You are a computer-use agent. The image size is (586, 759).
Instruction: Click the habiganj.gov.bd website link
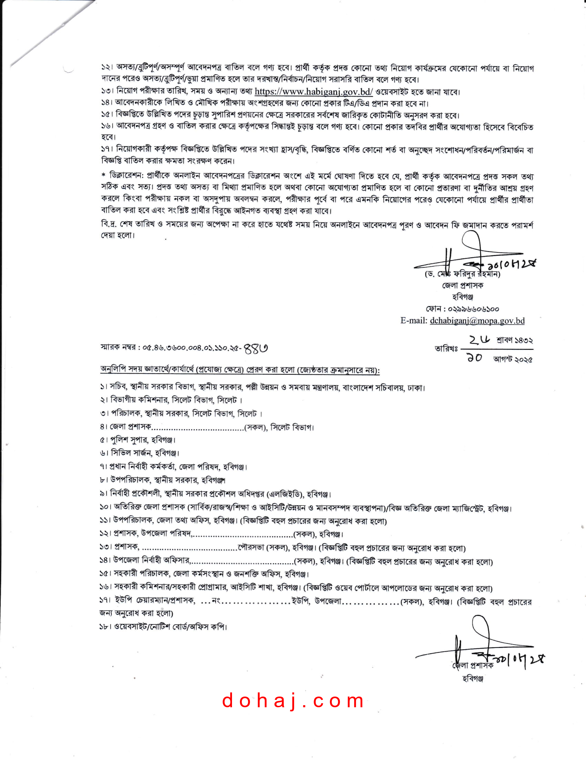313,92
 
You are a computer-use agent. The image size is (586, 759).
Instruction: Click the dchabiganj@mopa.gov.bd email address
477,321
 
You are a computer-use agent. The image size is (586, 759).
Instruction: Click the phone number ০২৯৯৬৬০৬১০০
474,309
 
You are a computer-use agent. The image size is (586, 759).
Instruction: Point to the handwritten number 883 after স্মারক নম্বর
256,348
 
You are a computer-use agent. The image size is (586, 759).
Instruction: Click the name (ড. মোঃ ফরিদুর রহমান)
462,274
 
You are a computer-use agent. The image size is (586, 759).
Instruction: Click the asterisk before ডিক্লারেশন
103,176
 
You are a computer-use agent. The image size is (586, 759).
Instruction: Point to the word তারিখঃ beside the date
446,348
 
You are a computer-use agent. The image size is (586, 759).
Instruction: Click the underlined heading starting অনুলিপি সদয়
240,370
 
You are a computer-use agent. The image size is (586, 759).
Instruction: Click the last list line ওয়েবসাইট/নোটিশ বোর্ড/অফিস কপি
170,627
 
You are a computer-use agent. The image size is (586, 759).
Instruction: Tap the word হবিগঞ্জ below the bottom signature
473,678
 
